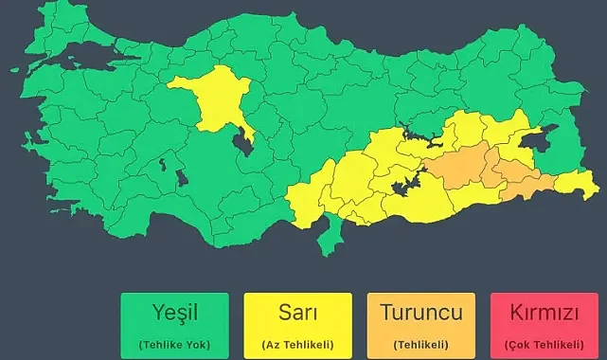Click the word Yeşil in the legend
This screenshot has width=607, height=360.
175,312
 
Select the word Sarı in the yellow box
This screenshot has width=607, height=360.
297,312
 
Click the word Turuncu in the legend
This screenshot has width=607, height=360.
420,312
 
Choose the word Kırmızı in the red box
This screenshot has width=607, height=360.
544,312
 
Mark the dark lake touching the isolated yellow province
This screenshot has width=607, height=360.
244,141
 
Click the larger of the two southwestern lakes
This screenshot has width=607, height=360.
180,177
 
